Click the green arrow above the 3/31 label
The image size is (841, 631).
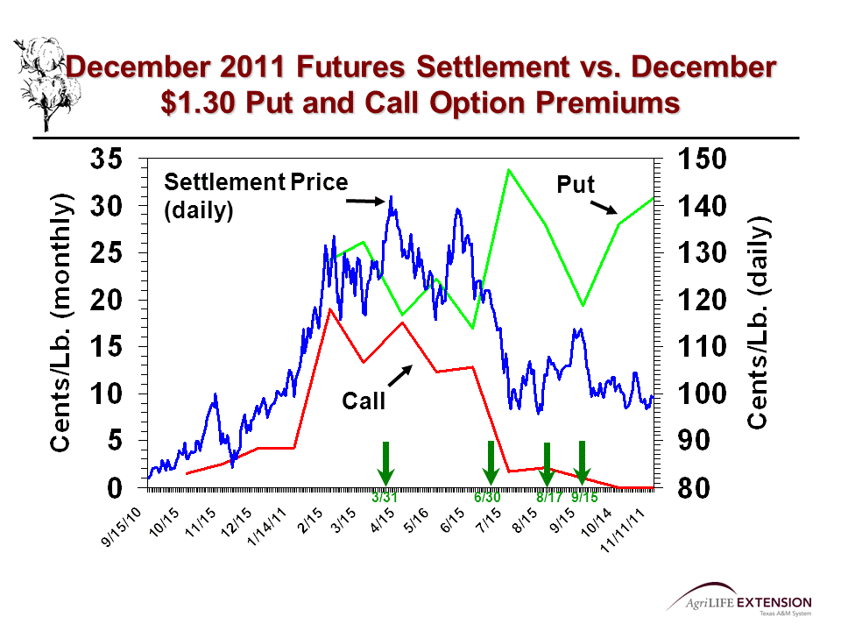(x=385, y=464)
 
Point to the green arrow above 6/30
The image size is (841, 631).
(x=491, y=464)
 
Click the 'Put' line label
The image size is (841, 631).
(x=576, y=185)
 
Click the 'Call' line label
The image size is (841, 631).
(x=363, y=401)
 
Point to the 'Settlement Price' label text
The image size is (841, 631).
(x=256, y=182)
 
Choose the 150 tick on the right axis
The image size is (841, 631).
(x=704, y=160)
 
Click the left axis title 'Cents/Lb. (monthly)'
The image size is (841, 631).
(x=60, y=323)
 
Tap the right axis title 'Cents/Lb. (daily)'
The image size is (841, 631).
(x=758, y=323)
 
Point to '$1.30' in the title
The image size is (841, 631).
(x=205, y=103)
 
